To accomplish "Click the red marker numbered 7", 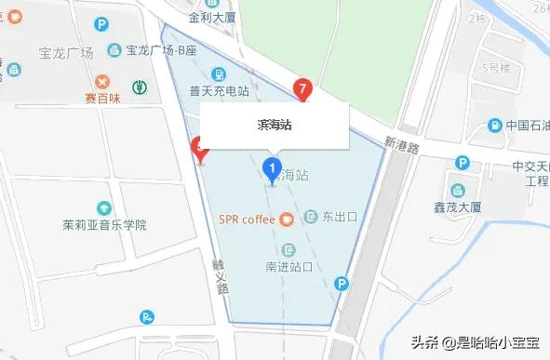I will coord(302,87).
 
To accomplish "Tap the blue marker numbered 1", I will coord(273,168).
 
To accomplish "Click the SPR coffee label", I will coord(247,220).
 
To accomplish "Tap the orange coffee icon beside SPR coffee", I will coord(288,220).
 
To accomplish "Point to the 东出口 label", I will coord(340,218).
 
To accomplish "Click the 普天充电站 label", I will coord(219,91).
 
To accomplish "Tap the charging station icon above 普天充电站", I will coord(218,73).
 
